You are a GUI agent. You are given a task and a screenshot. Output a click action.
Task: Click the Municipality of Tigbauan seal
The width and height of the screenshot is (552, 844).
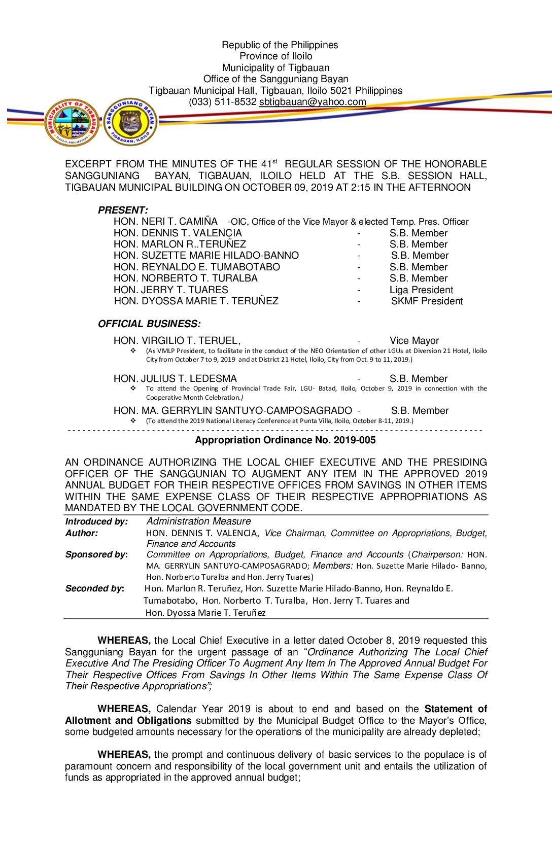click(x=72, y=122)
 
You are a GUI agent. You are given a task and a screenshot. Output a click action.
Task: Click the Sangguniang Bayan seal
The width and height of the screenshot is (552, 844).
click(x=130, y=122)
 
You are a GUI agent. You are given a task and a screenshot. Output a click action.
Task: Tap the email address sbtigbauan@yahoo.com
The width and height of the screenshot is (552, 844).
click(x=313, y=102)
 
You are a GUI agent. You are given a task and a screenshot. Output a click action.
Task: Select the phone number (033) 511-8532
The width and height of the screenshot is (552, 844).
click(x=223, y=102)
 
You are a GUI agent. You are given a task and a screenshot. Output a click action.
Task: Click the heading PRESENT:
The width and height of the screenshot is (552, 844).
click(x=123, y=210)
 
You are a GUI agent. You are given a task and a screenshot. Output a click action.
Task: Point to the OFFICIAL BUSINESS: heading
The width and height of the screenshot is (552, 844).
click(x=149, y=324)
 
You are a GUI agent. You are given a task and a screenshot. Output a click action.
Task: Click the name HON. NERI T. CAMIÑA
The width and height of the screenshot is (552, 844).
click(x=165, y=222)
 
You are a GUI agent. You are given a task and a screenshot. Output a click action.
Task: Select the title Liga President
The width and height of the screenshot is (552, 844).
click(x=421, y=290)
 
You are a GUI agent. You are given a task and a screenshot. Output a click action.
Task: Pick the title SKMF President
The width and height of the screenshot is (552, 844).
click(x=427, y=301)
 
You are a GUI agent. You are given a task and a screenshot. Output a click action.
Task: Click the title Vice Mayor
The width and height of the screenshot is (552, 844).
click(x=414, y=341)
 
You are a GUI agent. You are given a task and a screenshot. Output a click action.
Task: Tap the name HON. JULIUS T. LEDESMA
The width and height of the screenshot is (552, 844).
click(x=175, y=379)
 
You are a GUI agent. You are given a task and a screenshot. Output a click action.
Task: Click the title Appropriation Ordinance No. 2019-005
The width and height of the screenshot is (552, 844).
click(x=285, y=440)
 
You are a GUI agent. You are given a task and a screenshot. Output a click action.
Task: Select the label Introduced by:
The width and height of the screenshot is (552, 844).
click(x=96, y=521)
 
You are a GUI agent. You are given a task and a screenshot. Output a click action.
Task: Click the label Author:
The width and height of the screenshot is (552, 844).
click(x=82, y=533)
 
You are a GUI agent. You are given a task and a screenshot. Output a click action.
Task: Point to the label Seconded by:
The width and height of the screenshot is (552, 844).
click(x=95, y=588)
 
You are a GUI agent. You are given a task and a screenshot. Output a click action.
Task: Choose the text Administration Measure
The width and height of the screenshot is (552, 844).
click(x=198, y=521)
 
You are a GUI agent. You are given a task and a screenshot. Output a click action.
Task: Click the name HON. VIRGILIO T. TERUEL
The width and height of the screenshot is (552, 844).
click(x=177, y=341)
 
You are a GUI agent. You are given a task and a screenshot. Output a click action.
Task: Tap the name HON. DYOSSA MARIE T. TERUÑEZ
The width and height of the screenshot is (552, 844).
click(x=196, y=301)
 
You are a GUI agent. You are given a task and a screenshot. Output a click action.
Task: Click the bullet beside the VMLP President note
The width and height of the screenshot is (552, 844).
click(x=133, y=351)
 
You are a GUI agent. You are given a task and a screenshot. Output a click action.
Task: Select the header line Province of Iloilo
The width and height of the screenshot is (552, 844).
click(x=276, y=56)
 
